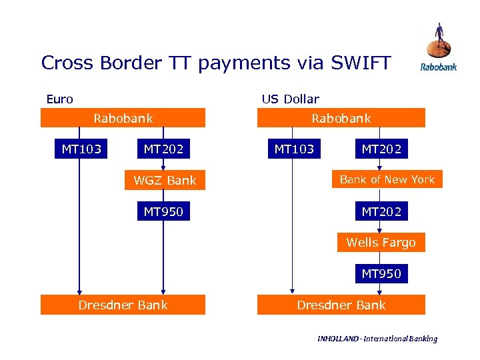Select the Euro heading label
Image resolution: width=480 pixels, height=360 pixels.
59,99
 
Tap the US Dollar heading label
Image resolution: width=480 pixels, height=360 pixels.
290,99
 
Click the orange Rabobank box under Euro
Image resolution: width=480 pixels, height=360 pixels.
123,118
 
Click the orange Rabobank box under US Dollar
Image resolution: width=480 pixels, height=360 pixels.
341,118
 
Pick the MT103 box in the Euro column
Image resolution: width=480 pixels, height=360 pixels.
81,149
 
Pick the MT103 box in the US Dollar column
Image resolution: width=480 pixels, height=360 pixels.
294,149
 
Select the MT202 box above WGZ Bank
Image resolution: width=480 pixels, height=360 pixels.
163,149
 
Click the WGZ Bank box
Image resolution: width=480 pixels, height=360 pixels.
165,180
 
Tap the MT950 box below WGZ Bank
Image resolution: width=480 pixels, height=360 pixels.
163,212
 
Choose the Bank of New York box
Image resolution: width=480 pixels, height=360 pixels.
387,179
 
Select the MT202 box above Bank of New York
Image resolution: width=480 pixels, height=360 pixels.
381,149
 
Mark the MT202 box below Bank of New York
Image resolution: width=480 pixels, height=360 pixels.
381,212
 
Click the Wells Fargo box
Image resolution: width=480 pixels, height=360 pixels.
381,243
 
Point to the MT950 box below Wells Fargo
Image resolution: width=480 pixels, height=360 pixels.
381,273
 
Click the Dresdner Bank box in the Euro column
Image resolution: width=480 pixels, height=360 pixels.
123,305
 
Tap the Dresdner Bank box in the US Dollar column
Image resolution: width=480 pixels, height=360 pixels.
341,305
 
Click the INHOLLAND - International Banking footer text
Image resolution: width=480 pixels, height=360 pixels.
377,339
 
